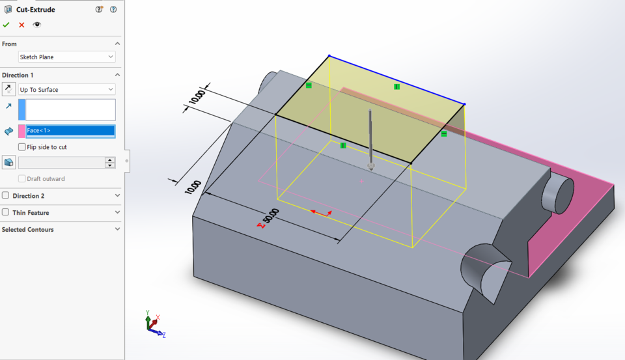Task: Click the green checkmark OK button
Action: (6, 25)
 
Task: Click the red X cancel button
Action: (21, 25)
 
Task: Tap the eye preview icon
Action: (37, 25)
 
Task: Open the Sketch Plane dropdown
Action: (67, 57)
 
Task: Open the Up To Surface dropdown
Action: (67, 89)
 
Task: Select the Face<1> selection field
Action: (70, 131)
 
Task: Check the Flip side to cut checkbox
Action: (23, 147)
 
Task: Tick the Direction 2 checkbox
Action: (6, 196)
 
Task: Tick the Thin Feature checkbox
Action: (6, 213)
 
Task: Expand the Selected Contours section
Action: (117, 229)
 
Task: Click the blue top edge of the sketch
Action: (396, 79)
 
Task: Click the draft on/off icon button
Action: (9, 163)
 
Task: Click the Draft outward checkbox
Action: (23, 179)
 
